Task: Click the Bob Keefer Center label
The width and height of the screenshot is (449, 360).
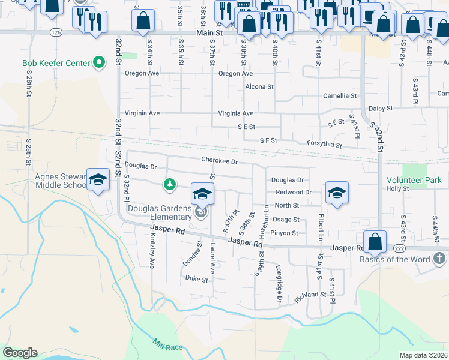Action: (55, 63)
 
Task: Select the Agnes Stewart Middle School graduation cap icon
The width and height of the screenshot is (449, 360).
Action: (97, 179)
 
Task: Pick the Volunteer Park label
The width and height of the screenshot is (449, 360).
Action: (414, 180)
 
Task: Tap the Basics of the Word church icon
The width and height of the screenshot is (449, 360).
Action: (439, 259)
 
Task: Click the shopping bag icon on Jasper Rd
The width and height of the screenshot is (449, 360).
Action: (375, 242)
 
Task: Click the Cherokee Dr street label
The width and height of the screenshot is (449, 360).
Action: (220, 161)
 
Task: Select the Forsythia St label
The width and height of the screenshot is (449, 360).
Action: (324, 145)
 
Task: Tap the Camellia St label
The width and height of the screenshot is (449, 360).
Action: (340, 96)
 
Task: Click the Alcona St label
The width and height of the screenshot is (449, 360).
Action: (259, 86)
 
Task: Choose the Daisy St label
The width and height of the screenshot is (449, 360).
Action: (381, 109)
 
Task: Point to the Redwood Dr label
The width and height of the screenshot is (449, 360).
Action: (294, 192)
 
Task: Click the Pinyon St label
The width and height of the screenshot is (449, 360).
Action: (284, 233)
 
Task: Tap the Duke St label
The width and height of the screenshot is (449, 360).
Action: (196, 279)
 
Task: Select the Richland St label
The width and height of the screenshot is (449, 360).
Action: (310, 295)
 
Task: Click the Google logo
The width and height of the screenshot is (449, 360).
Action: (20, 353)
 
